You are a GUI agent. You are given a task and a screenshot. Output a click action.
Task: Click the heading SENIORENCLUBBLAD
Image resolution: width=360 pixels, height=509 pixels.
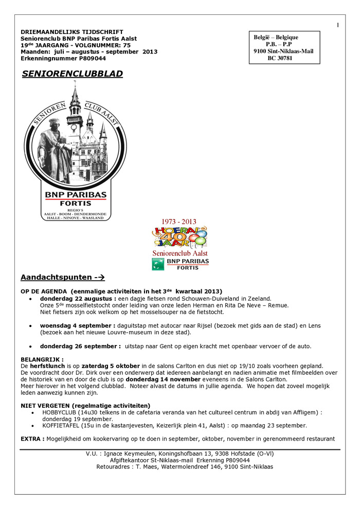pos(73,74)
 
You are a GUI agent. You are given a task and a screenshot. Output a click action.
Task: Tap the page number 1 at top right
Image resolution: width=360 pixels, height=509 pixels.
pos(338,25)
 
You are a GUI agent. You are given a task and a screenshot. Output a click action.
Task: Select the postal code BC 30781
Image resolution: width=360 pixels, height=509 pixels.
pos(280,59)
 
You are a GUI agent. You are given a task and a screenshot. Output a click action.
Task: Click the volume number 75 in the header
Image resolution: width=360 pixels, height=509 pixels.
pos(127,45)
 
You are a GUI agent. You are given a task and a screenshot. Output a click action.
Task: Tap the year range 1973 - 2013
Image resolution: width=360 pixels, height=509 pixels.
pos(179,222)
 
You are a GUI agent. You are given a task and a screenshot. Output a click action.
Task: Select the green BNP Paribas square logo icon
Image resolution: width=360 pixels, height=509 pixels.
pos(157,264)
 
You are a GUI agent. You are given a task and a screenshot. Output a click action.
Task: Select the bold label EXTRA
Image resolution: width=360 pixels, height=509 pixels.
pos(32,439)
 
